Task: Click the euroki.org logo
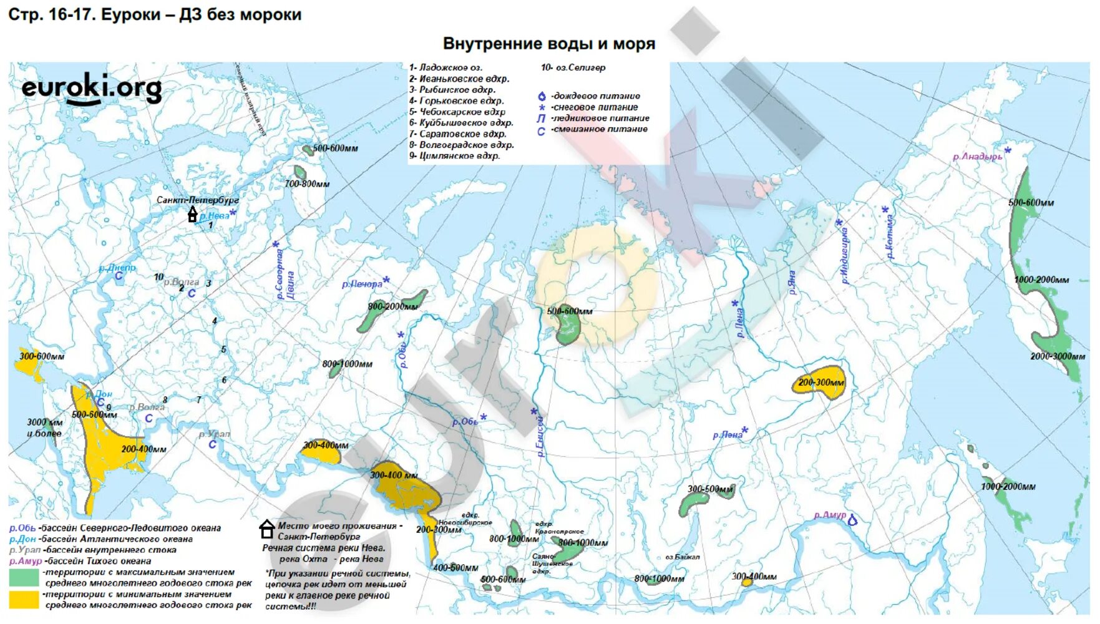92,89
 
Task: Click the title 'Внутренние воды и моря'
548,44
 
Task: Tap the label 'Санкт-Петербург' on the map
197,200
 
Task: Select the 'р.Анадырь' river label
977,157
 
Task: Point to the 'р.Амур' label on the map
830,515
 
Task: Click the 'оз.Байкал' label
683,557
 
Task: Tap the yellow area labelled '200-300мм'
820,382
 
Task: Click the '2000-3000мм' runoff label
1058,356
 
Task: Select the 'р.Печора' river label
362,284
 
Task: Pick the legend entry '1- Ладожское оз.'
445,67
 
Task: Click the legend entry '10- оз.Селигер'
572,67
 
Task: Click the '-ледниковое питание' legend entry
600,118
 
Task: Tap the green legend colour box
24,577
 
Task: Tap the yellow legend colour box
24,600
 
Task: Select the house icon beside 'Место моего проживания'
267,529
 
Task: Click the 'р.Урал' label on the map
215,434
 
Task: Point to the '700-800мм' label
307,184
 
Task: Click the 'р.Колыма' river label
890,237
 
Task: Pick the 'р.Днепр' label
117,268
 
